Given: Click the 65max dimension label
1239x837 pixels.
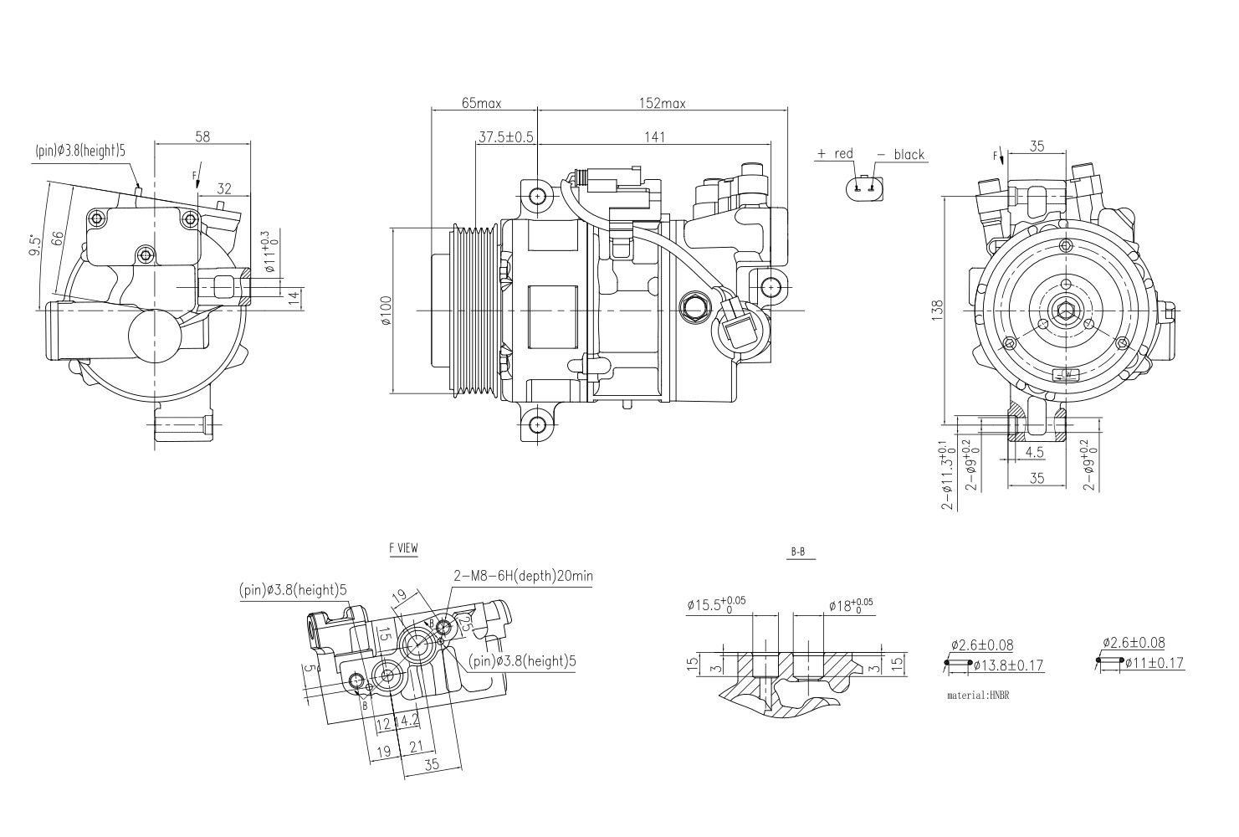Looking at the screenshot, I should pyautogui.click(x=481, y=103).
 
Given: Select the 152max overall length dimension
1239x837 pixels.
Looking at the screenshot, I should pyautogui.click(x=662, y=103).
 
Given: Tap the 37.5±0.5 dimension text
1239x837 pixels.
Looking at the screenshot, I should pyautogui.click(x=505, y=136).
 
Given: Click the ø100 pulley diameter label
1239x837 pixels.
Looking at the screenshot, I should pyautogui.click(x=386, y=310).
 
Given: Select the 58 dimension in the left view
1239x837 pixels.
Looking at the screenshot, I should pyautogui.click(x=202, y=136).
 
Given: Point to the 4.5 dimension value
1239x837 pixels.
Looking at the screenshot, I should pyautogui.click(x=1034, y=453).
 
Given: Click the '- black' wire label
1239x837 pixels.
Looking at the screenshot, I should pyautogui.click(x=900, y=154).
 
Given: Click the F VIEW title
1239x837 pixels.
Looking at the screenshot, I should pyautogui.click(x=403, y=549).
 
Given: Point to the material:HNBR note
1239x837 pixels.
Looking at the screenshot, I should pyautogui.click(x=978, y=696).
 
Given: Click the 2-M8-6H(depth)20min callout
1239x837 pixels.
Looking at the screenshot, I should pyautogui.click(x=523, y=576).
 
